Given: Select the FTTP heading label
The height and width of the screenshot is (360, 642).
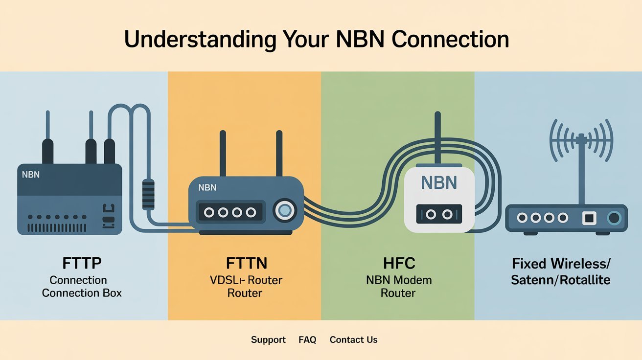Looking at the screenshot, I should click(82, 263).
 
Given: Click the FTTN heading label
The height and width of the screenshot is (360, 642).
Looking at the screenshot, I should click(247, 263).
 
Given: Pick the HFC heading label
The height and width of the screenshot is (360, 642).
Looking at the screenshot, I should click(399, 263).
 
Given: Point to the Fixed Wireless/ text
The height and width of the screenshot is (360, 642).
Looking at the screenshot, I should click(561, 264).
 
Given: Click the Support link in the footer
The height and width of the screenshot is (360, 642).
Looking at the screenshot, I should click(268, 339).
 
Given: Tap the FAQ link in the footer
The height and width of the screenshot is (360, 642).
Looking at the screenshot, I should click(307, 339).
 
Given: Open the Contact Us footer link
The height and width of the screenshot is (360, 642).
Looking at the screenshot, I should click(353, 339).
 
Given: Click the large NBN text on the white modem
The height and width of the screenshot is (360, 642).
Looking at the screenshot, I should click(439, 183).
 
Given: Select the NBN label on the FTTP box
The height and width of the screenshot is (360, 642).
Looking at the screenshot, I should click(31, 174).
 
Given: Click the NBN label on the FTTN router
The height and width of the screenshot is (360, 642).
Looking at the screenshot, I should click(207, 187).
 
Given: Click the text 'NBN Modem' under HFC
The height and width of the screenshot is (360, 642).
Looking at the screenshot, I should click(399, 280).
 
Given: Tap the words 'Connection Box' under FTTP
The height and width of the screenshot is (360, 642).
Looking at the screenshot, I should click(82, 293).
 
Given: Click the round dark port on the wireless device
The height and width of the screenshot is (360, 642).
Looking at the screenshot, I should click(614, 218).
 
